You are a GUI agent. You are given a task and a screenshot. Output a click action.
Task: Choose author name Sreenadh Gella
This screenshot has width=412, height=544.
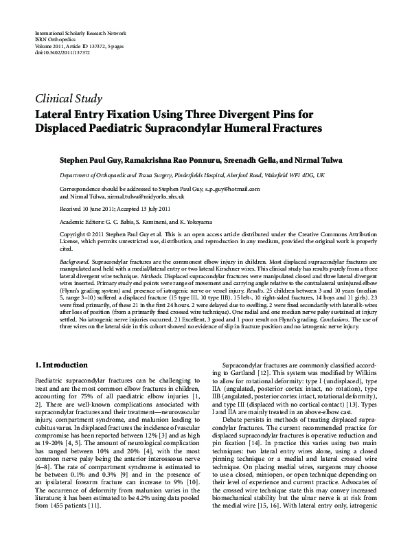pyautogui.click(x=250, y=159)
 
